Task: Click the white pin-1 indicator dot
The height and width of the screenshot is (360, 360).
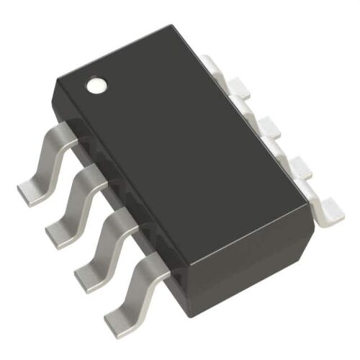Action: click(95, 86)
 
